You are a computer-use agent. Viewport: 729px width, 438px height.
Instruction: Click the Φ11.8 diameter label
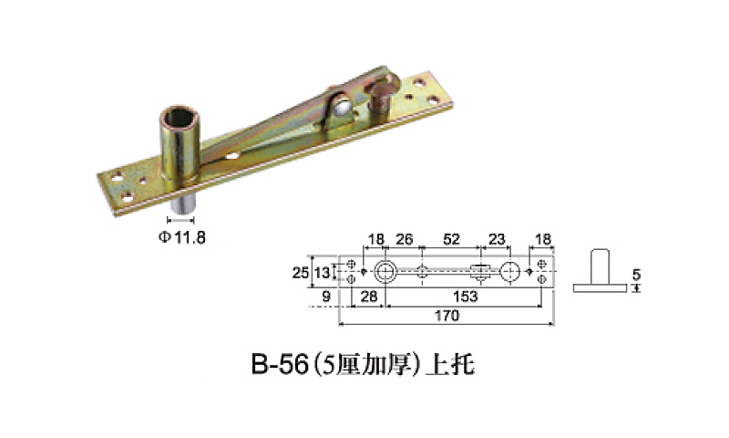(181, 237)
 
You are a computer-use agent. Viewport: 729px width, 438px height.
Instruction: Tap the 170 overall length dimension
(447, 316)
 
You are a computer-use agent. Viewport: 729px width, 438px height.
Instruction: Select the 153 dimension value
(466, 297)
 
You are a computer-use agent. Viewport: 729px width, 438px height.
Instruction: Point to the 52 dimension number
(451, 239)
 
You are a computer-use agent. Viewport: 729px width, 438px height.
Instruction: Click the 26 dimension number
(404, 239)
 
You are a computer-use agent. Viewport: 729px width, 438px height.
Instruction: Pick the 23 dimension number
(497, 239)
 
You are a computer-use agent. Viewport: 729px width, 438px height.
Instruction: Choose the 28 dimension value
(369, 297)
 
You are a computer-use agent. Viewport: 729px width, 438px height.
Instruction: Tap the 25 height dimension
(301, 272)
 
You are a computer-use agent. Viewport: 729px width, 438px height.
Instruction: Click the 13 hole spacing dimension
(322, 272)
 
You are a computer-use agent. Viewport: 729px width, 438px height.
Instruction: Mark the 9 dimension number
(326, 297)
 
